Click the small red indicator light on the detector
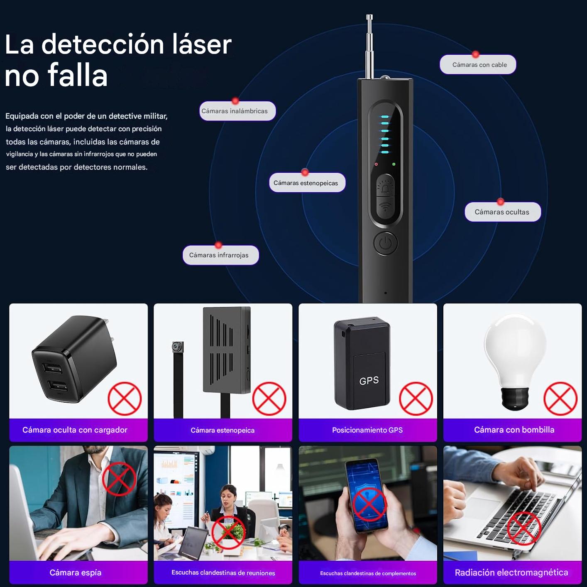pyautogui.click(x=376, y=164)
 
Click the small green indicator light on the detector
pyautogui.click(x=394, y=164)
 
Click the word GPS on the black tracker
pyautogui.click(x=369, y=380)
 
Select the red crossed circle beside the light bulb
pyautogui.click(x=560, y=399)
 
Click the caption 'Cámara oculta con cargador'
pyautogui.click(x=75, y=430)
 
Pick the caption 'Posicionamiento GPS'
pyautogui.click(x=367, y=430)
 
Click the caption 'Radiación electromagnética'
pyautogui.click(x=511, y=572)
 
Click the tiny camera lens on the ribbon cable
pyautogui.click(x=176, y=346)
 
